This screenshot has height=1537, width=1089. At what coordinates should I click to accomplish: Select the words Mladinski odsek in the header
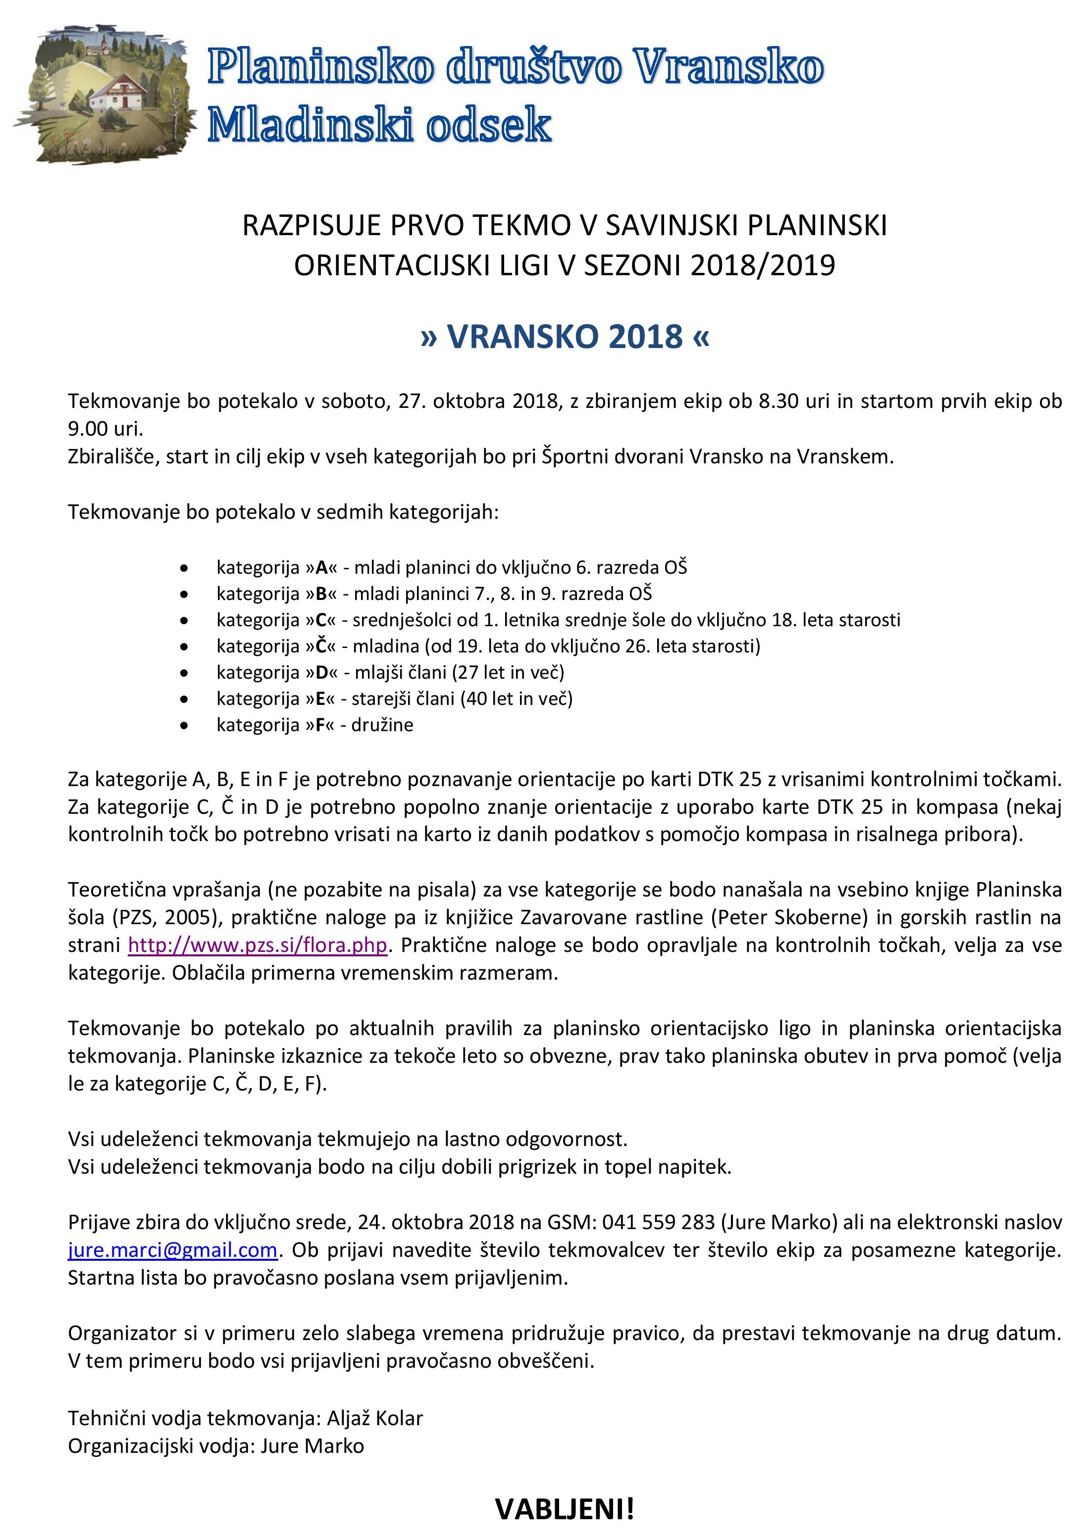[x=379, y=125]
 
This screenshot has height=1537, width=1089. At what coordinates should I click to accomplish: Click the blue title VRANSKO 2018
[x=565, y=337]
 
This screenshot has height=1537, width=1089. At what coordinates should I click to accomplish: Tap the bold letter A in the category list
[x=322, y=568]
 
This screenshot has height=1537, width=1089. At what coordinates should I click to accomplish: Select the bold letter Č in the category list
[x=322, y=646]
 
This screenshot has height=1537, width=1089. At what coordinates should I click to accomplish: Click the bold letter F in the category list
[x=320, y=725]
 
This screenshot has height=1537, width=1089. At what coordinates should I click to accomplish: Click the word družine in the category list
[x=382, y=725]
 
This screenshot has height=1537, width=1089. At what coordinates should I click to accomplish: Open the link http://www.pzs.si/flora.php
[x=258, y=945]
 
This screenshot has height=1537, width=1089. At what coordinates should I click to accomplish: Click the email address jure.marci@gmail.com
[x=172, y=1250]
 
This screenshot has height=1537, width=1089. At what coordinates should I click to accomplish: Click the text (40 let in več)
[x=517, y=698]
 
